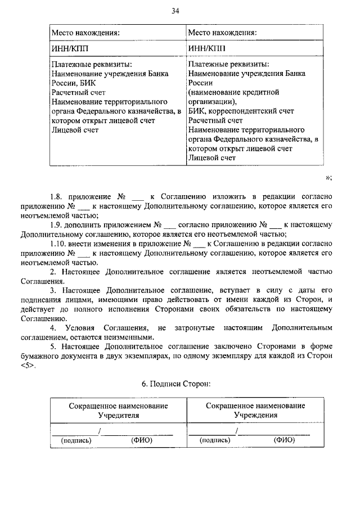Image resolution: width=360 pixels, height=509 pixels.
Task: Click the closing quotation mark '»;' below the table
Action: [328, 178]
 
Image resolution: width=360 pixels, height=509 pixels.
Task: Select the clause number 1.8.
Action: [55, 197]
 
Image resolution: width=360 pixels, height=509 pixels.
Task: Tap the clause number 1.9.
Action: [55, 225]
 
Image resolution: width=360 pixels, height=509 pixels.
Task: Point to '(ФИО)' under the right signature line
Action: [285, 440]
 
